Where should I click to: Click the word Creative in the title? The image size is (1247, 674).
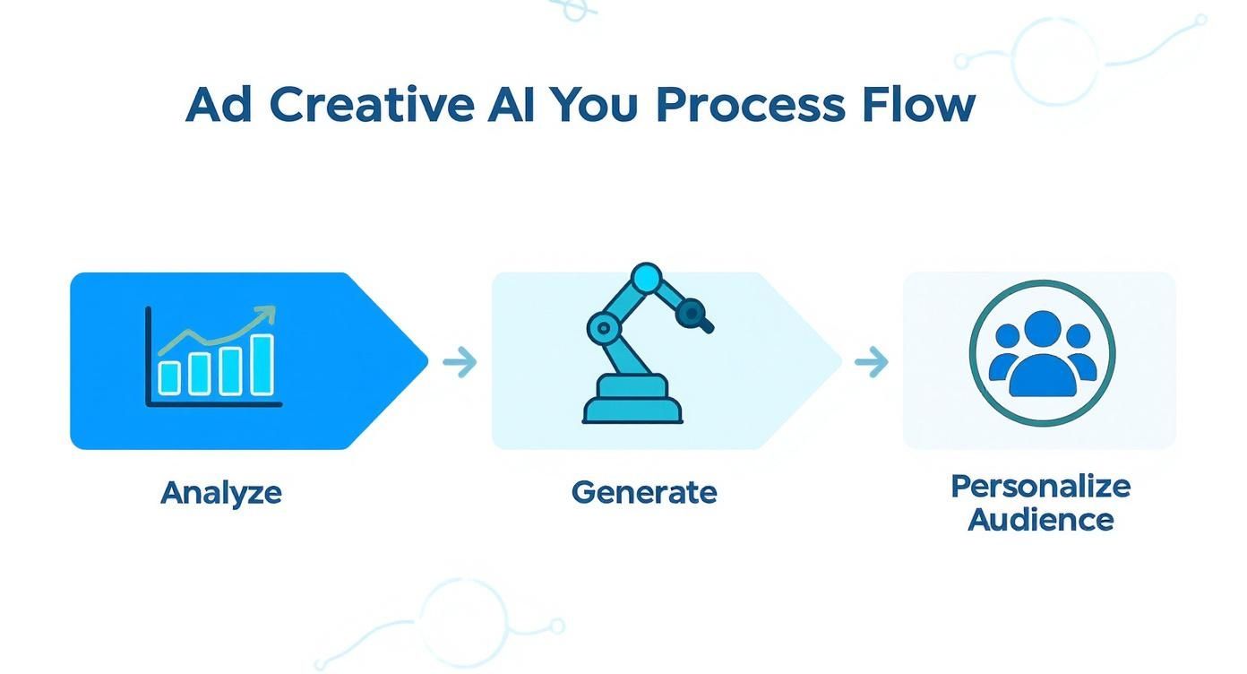pyautogui.click(x=372, y=106)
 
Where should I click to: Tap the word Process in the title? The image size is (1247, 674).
pyautogui.click(x=750, y=106)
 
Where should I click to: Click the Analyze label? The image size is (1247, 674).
pyautogui.click(x=221, y=493)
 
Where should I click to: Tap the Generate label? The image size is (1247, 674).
pyautogui.click(x=644, y=493)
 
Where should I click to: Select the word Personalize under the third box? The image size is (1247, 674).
pyautogui.click(x=1040, y=487)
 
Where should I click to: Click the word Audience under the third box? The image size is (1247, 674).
pyautogui.click(x=1040, y=520)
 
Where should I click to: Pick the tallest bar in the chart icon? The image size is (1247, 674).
pyautogui.click(x=262, y=365)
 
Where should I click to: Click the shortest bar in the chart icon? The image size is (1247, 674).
pyautogui.click(x=169, y=377)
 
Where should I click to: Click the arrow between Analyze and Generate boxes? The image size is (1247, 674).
pyautogui.click(x=460, y=363)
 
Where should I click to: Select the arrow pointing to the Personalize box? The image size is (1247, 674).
pyautogui.click(x=871, y=363)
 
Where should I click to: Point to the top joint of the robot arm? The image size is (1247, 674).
pyautogui.click(x=645, y=278)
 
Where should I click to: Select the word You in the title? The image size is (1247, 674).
pyautogui.click(x=593, y=106)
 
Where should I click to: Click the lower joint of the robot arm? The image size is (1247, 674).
pyautogui.click(x=603, y=328)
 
